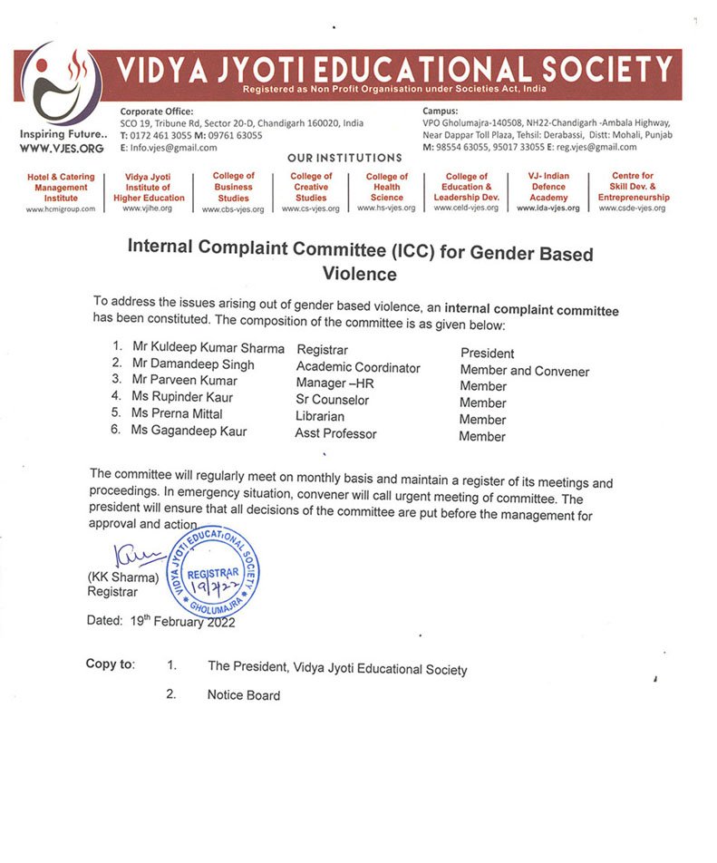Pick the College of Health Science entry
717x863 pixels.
tap(387, 187)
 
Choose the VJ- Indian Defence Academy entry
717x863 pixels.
tap(548, 187)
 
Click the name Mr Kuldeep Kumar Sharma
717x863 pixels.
tap(208, 348)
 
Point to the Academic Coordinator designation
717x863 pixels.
tap(358, 367)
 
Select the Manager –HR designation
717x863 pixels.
tap(335, 383)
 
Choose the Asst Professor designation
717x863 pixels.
tap(335, 433)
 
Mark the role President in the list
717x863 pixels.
tap(487, 354)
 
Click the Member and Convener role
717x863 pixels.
tap(524, 371)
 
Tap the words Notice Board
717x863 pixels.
tap(244, 695)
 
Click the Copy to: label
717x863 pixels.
tap(110, 664)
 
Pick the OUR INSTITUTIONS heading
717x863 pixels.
tap(344, 158)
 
